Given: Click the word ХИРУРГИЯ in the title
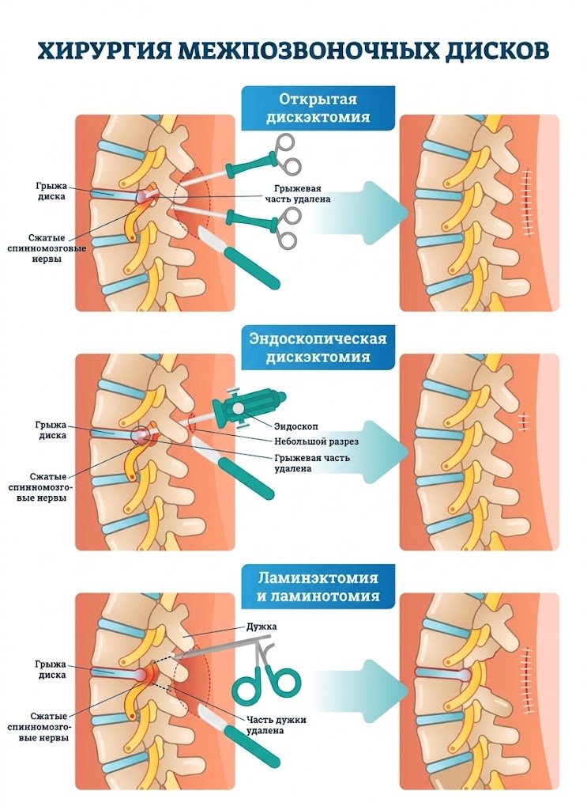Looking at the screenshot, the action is coord(103,51).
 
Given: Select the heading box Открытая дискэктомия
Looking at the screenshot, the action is coord(318,108).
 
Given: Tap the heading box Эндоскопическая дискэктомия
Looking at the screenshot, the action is coord(318,347).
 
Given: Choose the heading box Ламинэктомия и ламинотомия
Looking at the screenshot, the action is coord(318,587).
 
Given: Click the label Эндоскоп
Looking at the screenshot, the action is coord(296,426).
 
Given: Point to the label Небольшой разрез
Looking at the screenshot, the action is coord(316,442).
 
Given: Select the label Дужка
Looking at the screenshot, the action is coord(262,626).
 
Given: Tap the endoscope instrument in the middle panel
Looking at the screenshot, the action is coord(243,408).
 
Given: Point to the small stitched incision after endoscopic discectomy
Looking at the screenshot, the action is coord(523,422).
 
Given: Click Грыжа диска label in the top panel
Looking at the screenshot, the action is coord(51,191).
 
